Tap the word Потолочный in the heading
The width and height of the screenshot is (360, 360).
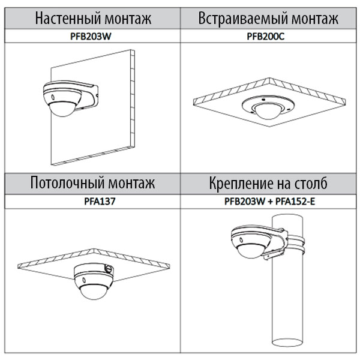pyautogui.click(x=67, y=183)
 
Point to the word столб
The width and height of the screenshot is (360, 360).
pyautogui.click(x=311, y=183)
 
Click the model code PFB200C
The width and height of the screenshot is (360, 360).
pyautogui.click(x=266, y=37)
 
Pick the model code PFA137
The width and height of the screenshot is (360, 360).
pyautogui.click(x=100, y=202)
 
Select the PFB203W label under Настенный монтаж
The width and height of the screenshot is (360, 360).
pyautogui.click(x=91, y=37)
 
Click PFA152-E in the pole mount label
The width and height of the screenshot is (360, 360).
pyautogui.click(x=295, y=202)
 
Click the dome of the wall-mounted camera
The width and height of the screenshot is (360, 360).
pyautogui.click(x=61, y=109)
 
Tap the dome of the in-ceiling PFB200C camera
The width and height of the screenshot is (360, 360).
pyautogui.click(x=268, y=112)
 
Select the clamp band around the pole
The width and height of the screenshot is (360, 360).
pyautogui.click(x=296, y=244)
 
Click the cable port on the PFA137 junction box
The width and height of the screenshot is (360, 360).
pyautogui.click(x=109, y=268)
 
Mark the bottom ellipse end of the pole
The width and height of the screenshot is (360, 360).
pyautogui.click(x=287, y=342)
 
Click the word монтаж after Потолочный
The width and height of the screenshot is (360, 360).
pyautogui.click(x=131, y=183)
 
